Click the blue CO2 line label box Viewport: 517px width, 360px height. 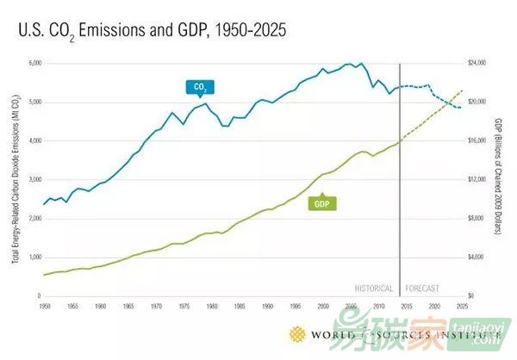198,86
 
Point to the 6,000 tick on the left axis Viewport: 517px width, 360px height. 35,64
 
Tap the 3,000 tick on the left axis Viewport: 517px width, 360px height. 35,180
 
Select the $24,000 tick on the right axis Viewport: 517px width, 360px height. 477,64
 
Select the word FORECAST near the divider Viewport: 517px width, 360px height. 423,288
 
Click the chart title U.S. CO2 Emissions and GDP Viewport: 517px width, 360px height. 151,30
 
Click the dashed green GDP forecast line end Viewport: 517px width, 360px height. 463,90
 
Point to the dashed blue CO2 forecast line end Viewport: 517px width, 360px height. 462,108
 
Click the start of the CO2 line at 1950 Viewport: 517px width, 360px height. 44,204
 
